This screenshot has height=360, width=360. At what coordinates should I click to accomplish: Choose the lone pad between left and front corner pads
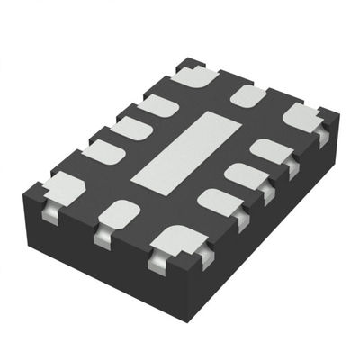pos(118,213)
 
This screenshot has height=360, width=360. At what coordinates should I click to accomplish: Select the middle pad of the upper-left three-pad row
pos(130,129)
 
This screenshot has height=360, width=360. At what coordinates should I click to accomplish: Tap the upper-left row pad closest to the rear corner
pos(158,106)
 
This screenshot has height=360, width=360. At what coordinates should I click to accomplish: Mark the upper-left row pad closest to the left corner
pos(103,152)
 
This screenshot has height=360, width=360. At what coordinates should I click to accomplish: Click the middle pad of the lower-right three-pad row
pos(245,175)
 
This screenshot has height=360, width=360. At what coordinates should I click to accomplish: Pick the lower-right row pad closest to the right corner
pos(271,150)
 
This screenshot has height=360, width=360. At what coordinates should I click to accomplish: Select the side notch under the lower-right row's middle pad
pos(267,193)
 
